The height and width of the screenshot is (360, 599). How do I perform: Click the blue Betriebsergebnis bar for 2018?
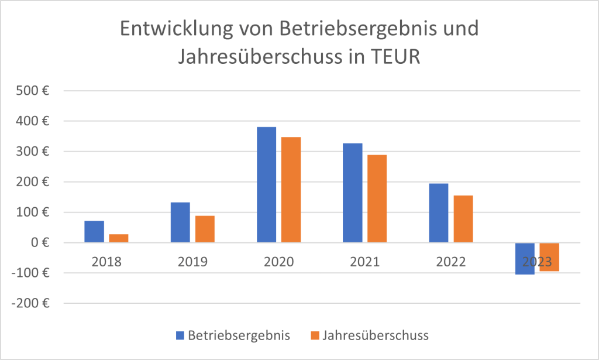point(94,232)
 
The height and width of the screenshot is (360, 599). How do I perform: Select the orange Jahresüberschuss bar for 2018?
point(119,238)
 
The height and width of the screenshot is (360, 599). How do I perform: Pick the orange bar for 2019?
point(205,229)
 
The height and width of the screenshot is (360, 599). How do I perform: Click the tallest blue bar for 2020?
point(266,184)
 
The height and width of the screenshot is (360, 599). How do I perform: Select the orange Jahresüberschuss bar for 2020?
point(291,190)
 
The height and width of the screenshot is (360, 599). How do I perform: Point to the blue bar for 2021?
point(353,193)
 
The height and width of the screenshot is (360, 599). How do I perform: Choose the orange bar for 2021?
point(377,198)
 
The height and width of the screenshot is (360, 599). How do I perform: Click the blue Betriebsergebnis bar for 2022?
point(439,213)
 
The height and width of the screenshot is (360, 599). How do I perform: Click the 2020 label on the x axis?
point(278,262)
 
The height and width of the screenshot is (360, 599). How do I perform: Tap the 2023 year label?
point(537,262)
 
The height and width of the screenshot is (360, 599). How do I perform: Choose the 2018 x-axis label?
point(106,262)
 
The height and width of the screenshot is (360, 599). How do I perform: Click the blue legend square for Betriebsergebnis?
point(180,335)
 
